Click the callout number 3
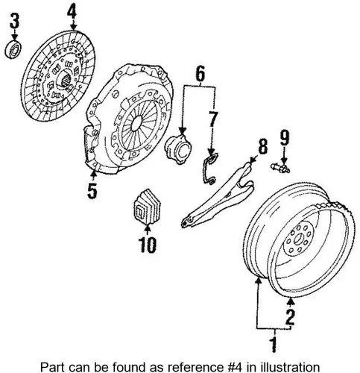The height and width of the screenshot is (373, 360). (x=14, y=21)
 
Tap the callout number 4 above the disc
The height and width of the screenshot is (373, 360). (x=72, y=12)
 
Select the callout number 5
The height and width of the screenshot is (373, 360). (x=92, y=191)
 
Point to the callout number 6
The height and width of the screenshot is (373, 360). (x=200, y=73)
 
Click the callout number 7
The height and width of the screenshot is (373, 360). (x=212, y=119)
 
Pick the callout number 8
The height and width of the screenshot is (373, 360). (x=262, y=146)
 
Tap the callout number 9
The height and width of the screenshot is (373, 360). (x=285, y=138)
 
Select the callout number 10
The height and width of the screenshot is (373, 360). (x=148, y=245)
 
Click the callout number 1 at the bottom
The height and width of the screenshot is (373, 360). (x=274, y=345)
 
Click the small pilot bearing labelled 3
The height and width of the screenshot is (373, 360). (x=13, y=49)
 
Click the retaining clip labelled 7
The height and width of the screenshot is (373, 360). (x=210, y=169)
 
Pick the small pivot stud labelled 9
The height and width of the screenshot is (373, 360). (x=280, y=168)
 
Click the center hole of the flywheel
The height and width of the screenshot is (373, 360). (x=298, y=239)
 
